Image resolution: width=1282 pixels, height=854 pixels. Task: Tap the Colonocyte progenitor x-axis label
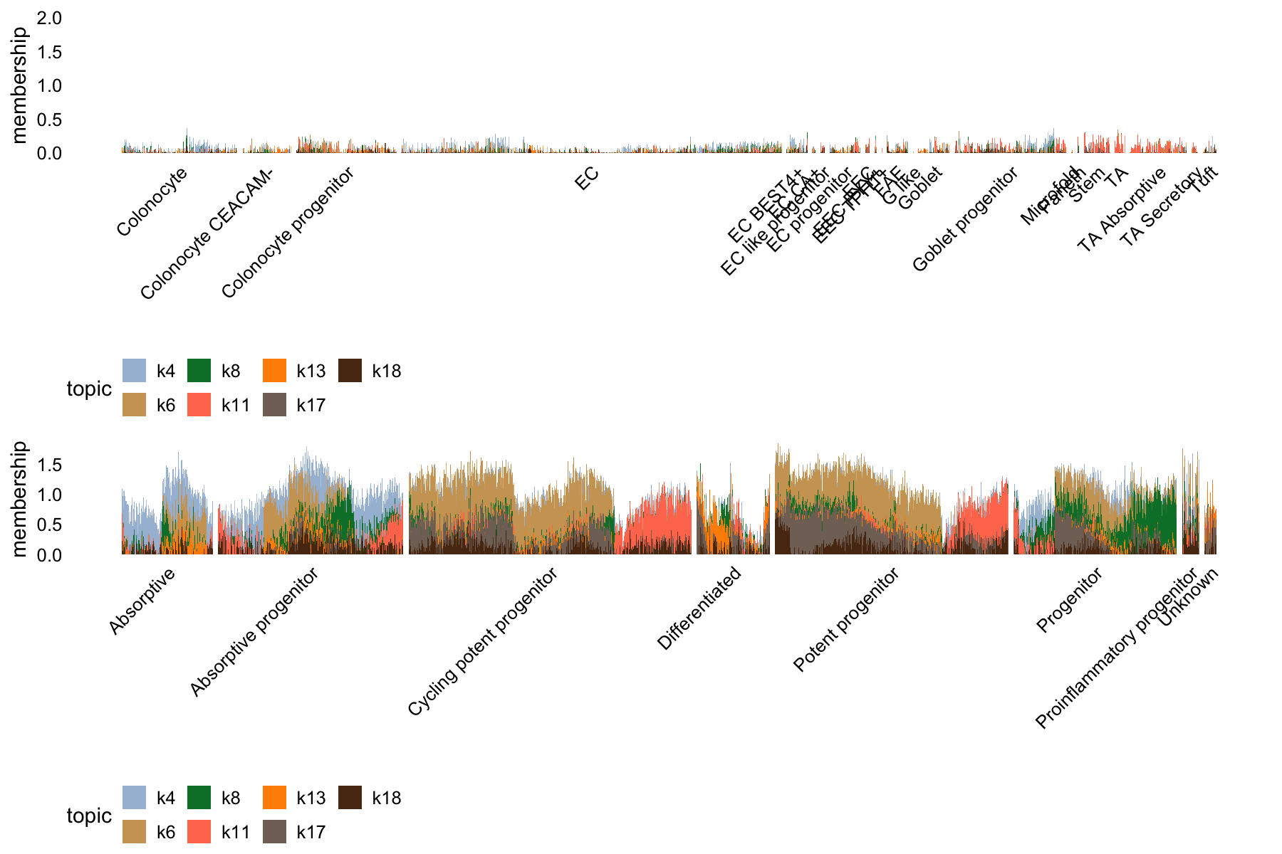[x=287, y=233]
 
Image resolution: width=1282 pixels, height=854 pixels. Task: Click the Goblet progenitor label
[x=965, y=220]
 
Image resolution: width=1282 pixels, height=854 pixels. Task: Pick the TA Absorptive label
[x=1122, y=210]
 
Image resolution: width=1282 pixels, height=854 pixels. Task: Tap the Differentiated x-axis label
[x=699, y=609]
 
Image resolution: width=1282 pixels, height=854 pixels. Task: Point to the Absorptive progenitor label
[x=254, y=633]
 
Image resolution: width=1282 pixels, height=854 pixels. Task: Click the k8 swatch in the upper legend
[x=199, y=371]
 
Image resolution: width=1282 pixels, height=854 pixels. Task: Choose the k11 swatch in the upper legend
[x=199, y=405]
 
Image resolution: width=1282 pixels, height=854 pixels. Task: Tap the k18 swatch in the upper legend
[x=350, y=371]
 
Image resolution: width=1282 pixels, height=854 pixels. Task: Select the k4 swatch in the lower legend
[x=135, y=798]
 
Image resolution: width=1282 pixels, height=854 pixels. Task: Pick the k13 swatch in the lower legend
[x=274, y=798]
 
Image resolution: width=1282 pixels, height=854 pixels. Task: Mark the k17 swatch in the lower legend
[x=274, y=832]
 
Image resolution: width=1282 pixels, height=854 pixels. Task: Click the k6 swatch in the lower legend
[x=135, y=832]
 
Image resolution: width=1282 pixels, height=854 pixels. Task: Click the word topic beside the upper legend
[x=89, y=389]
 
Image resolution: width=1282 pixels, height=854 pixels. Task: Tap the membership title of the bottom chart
[x=19, y=498]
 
